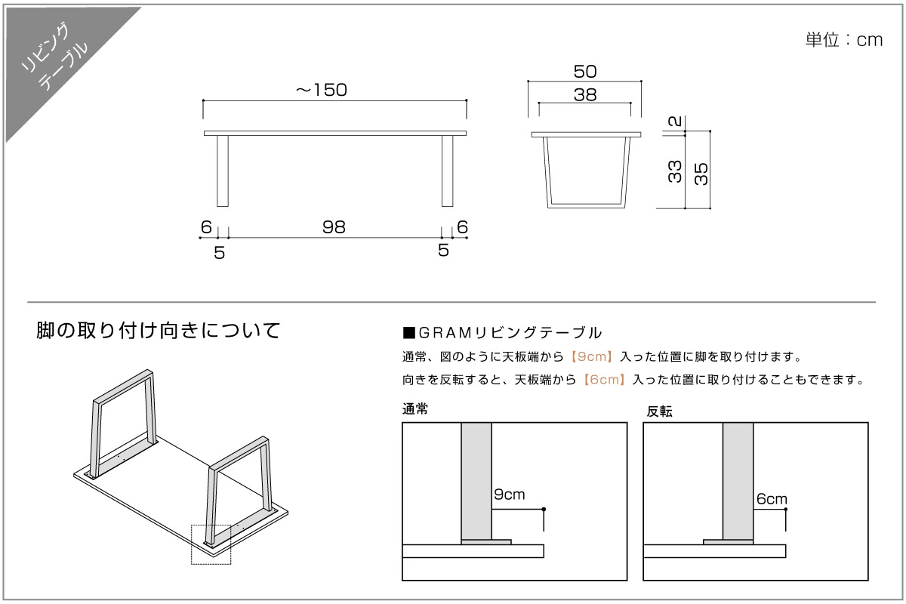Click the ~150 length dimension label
(321, 90)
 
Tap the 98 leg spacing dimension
(334, 227)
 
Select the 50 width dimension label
(585, 72)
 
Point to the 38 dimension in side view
(585, 95)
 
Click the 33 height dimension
(675, 171)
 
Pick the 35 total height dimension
(701, 173)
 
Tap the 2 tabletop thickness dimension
(675, 120)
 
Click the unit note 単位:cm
(843, 40)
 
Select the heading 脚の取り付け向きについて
(159, 331)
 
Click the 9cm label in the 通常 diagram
(509, 495)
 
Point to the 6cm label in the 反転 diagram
(771, 499)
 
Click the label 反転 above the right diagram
(659, 411)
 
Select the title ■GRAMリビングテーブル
(502, 332)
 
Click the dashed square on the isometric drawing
(211, 544)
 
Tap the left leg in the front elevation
(223, 171)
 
